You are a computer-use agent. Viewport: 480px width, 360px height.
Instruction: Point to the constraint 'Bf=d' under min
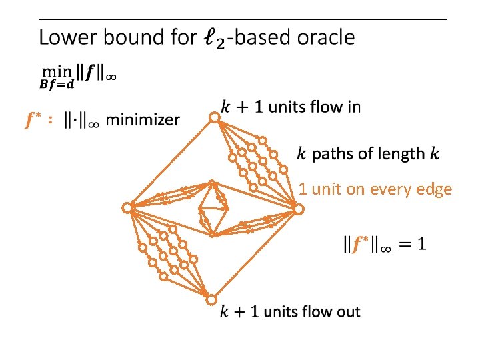point(57,85)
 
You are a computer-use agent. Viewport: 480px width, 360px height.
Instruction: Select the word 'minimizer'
point(142,120)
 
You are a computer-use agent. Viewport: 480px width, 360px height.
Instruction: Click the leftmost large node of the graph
point(127,208)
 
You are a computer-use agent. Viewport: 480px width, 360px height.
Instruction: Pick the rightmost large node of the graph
point(299,209)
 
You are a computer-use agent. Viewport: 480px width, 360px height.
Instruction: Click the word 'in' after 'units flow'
point(353,107)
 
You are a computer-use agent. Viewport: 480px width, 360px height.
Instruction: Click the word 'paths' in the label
point(333,154)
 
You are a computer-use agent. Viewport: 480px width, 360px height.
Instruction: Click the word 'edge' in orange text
point(435,189)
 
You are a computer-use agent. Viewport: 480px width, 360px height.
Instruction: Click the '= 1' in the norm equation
point(412,245)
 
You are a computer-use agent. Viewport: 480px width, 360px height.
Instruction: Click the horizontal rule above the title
point(243,19)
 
